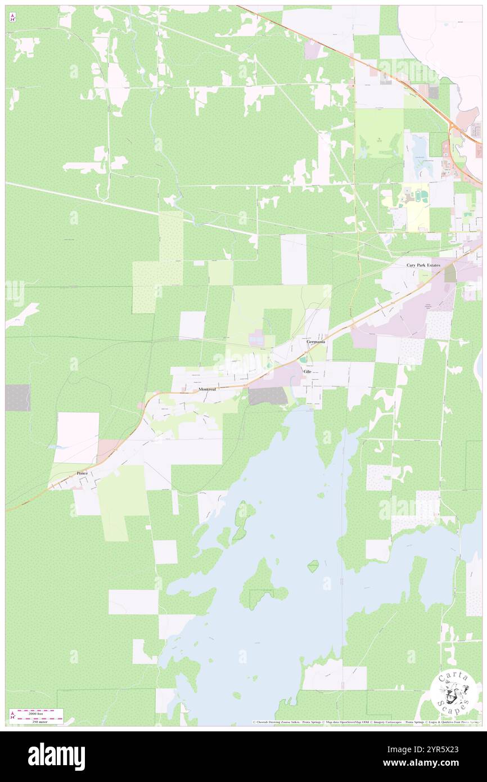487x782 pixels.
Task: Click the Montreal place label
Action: pos(207,389)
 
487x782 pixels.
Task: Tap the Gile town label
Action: pos(307,372)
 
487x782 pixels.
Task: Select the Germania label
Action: pos(315,341)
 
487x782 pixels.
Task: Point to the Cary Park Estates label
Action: pos(423,264)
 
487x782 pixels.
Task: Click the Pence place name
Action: pos(82,474)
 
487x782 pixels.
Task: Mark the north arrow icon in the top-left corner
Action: pos(12,17)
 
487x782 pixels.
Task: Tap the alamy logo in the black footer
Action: pos(56,757)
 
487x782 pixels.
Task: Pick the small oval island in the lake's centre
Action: pos(313,566)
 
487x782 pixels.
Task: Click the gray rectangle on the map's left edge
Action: pos(17,397)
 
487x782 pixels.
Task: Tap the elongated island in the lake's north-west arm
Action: pos(241,522)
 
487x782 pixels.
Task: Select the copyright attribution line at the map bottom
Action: pos(366,722)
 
